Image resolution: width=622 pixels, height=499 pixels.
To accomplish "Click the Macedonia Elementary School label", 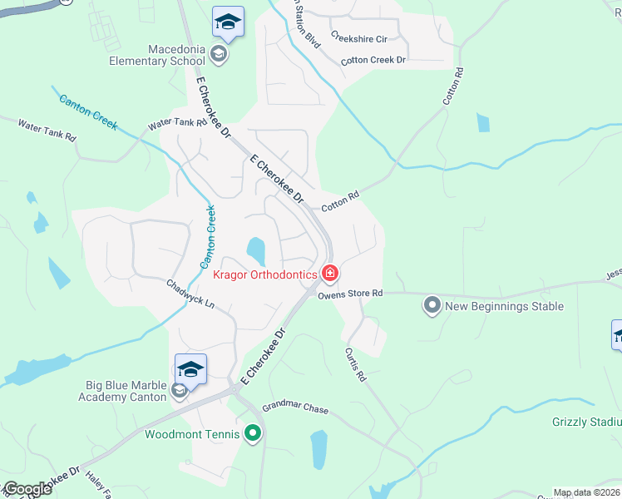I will tap(158, 55).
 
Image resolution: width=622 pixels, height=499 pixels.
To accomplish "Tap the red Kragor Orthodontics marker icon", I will tap(330, 273).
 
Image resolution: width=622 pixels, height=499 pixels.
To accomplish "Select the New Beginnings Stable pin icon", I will tap(432, 306).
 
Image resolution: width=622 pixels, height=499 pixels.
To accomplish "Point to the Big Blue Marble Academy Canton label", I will tap(126, 391).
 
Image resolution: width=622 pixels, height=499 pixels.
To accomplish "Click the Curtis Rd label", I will tap(356, 364).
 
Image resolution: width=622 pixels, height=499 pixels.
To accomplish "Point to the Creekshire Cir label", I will tap(359, 38).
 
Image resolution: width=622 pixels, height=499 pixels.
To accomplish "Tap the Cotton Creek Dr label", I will tap(373, 61).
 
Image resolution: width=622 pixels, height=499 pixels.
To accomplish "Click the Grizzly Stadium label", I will tap(587, 422).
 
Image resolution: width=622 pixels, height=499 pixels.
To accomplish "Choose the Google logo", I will tap(27, 489).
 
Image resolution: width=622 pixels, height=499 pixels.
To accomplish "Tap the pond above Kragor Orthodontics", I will tap(255, 249).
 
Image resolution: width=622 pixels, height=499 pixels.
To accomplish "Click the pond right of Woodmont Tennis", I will tap(318, 449).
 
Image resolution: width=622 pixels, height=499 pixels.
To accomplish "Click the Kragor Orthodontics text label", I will tap(264, 274).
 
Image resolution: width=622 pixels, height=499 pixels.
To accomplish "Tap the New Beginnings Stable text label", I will tap(505, 306).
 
